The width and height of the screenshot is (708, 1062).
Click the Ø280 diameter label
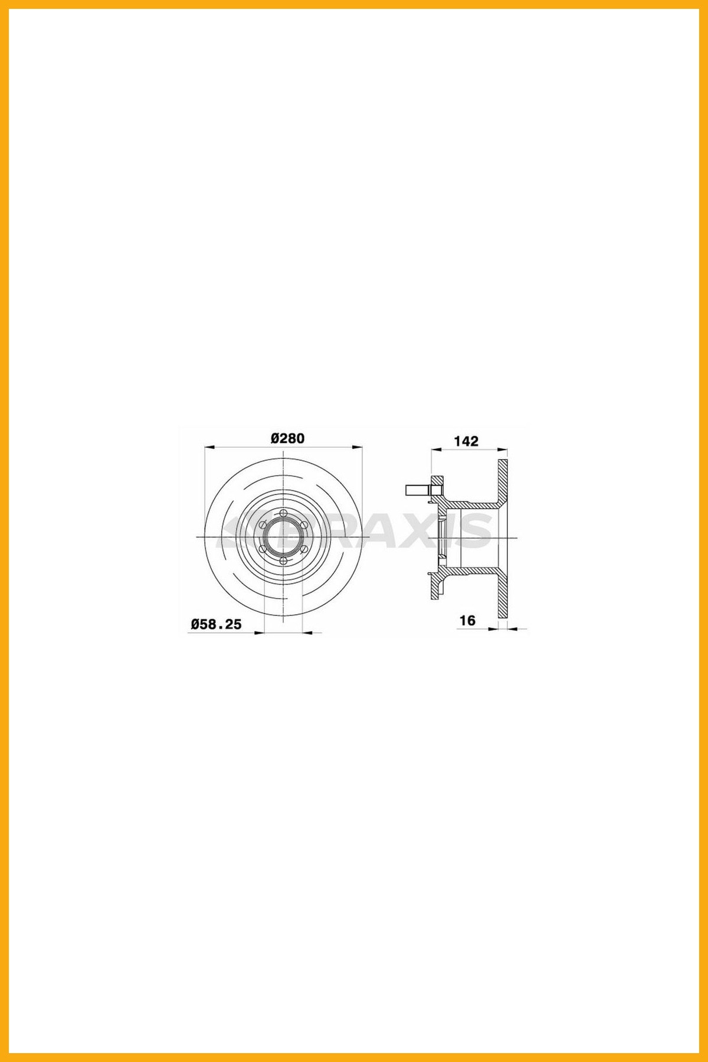tap(287, 438)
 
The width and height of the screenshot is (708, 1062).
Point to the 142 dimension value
tap(466, 441)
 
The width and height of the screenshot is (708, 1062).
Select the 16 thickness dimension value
tap(467, 620)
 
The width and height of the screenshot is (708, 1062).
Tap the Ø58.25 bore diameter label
tap(217, 624)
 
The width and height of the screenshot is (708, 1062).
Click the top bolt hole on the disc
tap(283, 513)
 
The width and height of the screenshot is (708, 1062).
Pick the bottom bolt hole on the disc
tap(283, 561)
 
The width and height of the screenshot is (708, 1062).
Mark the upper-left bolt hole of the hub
tap(263, 525)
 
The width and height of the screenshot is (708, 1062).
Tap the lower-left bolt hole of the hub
tap(263, 549)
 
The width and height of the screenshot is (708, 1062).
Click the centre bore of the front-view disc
tap(283, 537)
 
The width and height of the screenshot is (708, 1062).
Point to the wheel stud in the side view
tap(417, 490)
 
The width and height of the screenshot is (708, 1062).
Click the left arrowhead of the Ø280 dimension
tap(208, 447)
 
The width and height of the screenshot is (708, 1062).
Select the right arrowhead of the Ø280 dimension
tap(358, 447)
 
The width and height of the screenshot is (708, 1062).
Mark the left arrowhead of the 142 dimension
tap(435, 450)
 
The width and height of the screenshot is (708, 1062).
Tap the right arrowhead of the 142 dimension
tap(504, 450)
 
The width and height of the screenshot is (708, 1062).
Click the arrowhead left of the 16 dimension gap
tap(494, 629)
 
